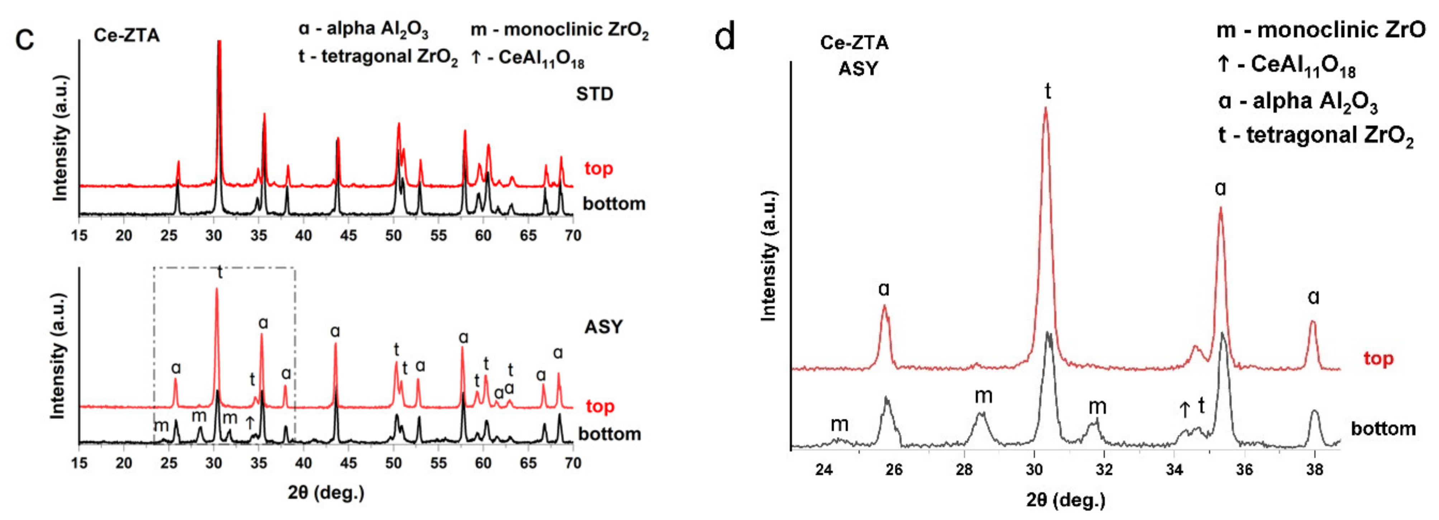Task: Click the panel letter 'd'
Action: (725, 38)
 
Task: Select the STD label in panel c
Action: (594, 94)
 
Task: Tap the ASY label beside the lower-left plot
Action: (603, 327)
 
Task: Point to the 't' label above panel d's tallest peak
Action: (1048, 90)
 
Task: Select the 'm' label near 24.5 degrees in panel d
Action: (839, 424)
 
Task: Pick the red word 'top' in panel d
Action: (1378, 359)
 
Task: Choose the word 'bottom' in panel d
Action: (1383, 429)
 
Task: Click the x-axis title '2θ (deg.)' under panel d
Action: (1065, 500)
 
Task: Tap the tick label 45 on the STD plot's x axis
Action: (348, 235)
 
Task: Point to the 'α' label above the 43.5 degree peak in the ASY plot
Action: (334, 332)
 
